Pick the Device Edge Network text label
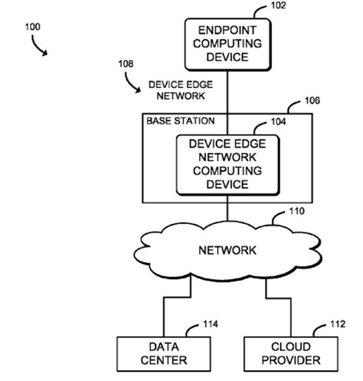[x=176, y=90]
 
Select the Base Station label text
[x=180, y=121]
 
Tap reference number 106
[x=313, y=102]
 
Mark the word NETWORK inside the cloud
[x=227, y=249]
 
